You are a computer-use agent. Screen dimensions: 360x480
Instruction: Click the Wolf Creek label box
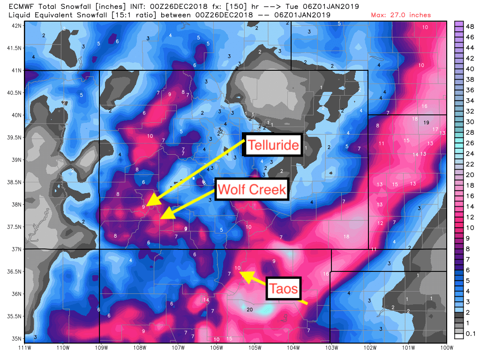pyautogui.click(x=251, y=189)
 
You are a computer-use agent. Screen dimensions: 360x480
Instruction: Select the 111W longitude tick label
pyautogui.click(x=24, y=348)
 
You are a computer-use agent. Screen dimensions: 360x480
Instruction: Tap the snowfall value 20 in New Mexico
pyautogui.click(x=249, y=310)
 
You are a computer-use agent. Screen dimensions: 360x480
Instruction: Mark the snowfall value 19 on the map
pyautogui.click(x=426, y=123)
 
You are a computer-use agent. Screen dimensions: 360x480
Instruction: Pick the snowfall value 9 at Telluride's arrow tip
pyautogui.click(x=143, y=207)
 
